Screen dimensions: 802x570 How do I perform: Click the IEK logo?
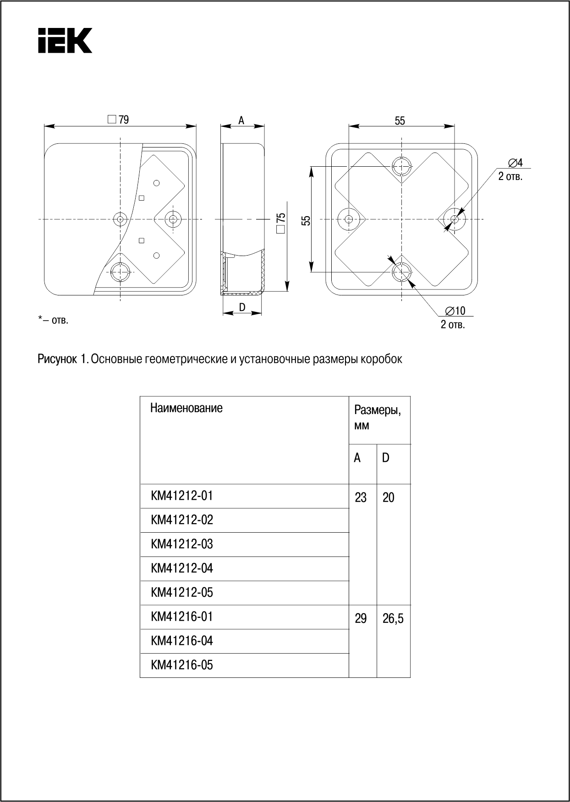(x=65, y=40)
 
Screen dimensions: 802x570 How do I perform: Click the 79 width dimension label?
(x=119, y=120)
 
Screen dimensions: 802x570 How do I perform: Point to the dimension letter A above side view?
(x=241, y=120)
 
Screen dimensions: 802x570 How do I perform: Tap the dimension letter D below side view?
(x=242, y=307)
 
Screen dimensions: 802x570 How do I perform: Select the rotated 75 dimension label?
(x=281, y=222)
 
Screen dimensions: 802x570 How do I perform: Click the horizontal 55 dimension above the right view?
(x=400, y=120)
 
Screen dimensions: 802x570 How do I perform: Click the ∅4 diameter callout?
(x=515, y=163)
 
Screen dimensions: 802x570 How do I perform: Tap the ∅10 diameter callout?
(x=455, y=311)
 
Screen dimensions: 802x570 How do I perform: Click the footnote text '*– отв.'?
(x=53, y=320)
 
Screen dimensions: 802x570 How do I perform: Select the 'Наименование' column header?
(x=186, y=408)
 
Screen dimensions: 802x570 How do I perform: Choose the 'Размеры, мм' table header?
(x=377, y=417)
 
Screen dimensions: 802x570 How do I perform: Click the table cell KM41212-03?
(x=182, y=544)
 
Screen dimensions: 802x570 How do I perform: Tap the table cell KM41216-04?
(x=182, y=641)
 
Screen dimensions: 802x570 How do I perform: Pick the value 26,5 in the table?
(x=393, y=619)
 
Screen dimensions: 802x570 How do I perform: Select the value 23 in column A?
(x=361, y=497)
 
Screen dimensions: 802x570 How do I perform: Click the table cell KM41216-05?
(x=182, y=665)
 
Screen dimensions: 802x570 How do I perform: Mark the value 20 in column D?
(x=388, y=497)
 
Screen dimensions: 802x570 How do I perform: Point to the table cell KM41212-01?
(x=182, y=496)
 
